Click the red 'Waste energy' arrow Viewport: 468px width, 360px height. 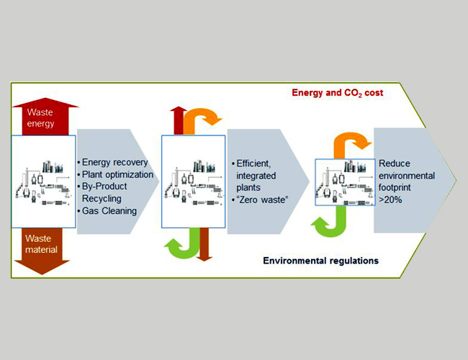[45, 117]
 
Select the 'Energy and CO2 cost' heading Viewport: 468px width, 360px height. [337, 93]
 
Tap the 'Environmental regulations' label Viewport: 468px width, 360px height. [320, 261]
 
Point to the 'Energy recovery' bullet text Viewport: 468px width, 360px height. [115, 163]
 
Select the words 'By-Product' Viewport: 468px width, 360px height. [104, 186]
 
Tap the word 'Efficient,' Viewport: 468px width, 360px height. [253, 163]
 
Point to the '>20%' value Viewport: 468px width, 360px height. [390, 199]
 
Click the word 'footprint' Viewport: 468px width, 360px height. [395, 187]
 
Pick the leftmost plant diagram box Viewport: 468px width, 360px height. [44, 181]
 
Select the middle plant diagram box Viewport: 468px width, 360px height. [194, 181]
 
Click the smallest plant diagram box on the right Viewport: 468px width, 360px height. [345, 182]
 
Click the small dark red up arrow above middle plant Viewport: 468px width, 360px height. [178, 120]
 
